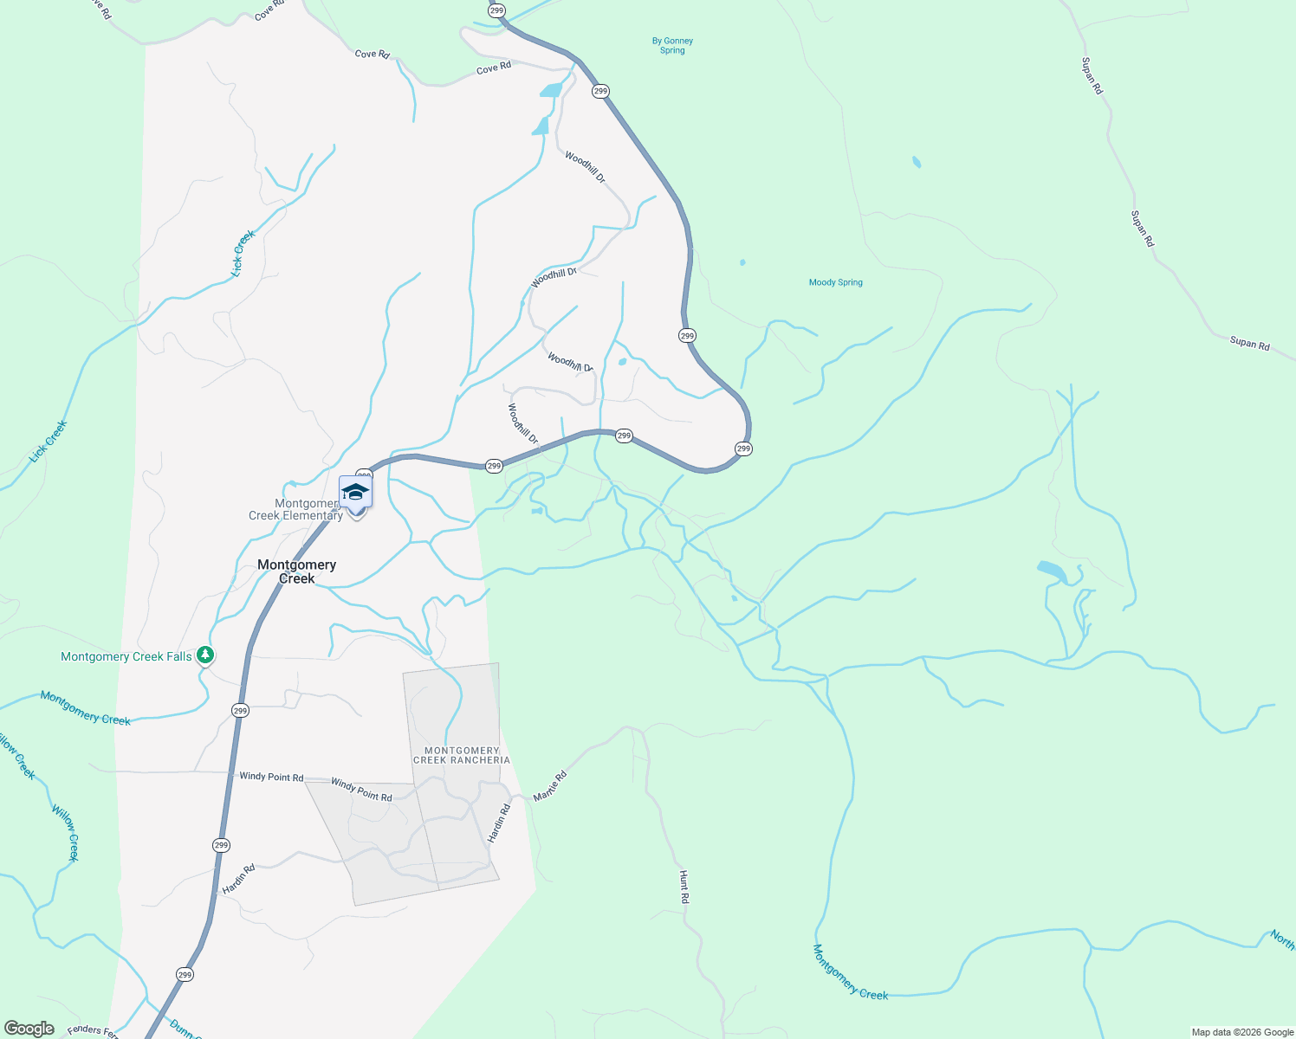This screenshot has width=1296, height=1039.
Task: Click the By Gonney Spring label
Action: [672, 46]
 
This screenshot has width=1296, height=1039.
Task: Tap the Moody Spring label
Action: [835, 282]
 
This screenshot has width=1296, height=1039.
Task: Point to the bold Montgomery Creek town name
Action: [296, 571]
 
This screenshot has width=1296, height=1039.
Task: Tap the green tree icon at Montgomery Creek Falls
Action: [205, 655]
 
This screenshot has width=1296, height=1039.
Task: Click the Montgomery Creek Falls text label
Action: [126, 657]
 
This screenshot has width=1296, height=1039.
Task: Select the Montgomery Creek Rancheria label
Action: [462, 756]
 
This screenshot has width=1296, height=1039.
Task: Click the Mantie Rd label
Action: [550, 785]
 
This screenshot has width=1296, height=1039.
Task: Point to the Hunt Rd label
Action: [684, 887]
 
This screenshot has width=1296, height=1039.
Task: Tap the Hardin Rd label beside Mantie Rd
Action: [498, 823]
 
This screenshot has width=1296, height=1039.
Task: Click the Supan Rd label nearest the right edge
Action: [1249, 344]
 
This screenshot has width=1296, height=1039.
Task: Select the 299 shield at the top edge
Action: [496, 10]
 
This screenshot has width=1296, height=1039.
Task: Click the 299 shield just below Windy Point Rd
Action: [221, 845]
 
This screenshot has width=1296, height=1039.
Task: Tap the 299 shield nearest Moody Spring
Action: [687, 335]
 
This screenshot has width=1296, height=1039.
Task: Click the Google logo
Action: [29, 1029]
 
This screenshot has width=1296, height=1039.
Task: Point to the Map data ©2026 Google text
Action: [1242, 1032]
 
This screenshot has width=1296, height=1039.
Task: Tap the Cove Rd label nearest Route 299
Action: [494, 68]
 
